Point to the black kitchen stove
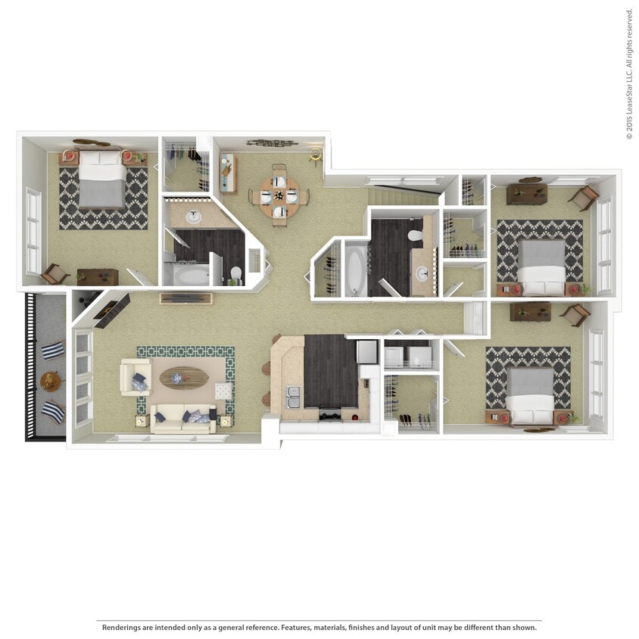click(x=331, y=413)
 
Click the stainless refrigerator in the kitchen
click(x=366, y=352)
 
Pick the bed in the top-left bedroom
click(x=102, y=179)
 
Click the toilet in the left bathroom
click(x=236, y=273)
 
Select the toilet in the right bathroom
click(x=415, y=235)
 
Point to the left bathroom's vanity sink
click(x=193, y=217)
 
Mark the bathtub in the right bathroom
click(x=355, y=269)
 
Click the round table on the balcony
click(x=50, y=380)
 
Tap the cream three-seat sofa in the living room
click(x=182, y=419)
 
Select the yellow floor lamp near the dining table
click(x=315, y=157)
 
